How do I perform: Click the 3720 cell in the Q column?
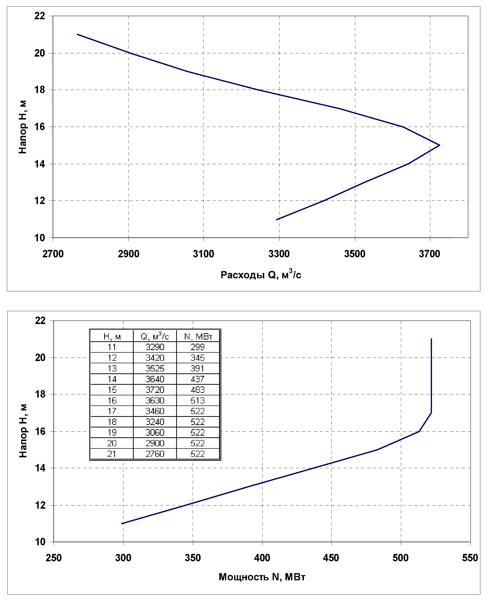155,390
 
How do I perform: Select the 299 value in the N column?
198,347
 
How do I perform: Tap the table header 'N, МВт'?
198,336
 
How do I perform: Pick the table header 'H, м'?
112,336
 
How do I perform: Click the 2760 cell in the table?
155,454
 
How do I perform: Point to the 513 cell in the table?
198,401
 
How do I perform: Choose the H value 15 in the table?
112,390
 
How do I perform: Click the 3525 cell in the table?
155,368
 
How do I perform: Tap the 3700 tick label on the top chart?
430,254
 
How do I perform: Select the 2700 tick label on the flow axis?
53,254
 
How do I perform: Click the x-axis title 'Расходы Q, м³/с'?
261,274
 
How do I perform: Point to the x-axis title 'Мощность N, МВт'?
262,577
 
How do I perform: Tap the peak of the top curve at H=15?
439,145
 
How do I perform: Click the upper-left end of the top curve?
77,34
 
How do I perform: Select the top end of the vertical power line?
431,339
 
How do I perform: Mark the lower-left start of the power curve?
122,524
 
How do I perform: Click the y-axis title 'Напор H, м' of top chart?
22,127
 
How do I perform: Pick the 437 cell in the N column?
198,379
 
